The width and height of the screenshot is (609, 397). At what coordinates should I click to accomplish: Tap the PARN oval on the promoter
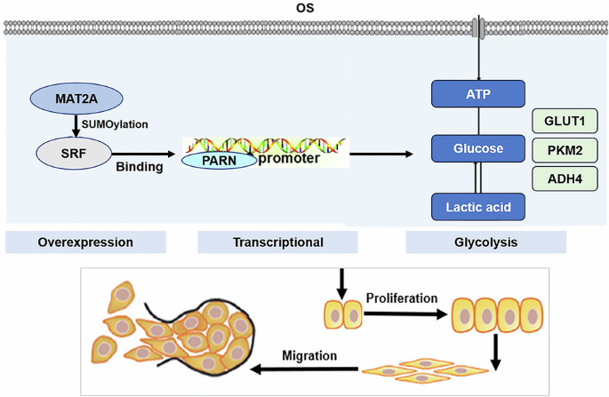218,161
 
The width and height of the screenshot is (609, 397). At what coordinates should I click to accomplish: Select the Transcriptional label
276,242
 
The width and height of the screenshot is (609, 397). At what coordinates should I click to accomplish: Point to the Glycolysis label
485,242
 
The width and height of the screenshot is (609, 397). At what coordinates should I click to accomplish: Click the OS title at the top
304,8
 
